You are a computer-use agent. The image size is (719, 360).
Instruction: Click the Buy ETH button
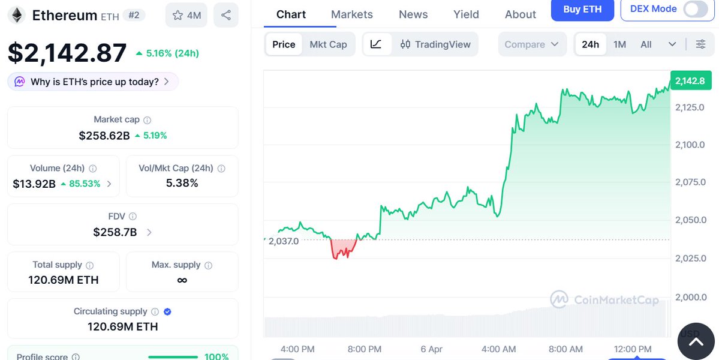click(582, 10)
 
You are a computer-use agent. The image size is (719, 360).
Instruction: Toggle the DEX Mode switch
click(695, 10)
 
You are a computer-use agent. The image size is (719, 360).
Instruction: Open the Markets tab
click(351, 14)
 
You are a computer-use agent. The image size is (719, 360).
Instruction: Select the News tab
click(413, 14)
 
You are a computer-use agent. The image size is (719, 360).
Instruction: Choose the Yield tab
click(466, 14)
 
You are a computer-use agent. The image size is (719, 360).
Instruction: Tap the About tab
click(520, 14)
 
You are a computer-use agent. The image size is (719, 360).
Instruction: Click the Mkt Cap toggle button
click(328, 44)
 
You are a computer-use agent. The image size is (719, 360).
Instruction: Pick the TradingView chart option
click(435, 44)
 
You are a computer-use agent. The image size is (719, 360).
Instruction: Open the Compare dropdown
click(531, 44)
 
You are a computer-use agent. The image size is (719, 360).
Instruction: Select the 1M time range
click(619, 44)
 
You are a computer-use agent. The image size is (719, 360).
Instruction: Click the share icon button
click(225, 15)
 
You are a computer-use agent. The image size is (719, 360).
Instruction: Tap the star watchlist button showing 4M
click(186, 15)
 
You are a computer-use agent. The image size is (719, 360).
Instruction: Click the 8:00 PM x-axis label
click(365, 349)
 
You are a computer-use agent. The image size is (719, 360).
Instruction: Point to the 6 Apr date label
click(432, 349)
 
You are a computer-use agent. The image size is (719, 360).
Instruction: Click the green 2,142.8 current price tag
click(690, 81)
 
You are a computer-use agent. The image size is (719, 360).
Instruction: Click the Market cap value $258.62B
click(104, 136)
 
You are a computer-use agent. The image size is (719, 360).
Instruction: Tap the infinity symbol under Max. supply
click(182, 280)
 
